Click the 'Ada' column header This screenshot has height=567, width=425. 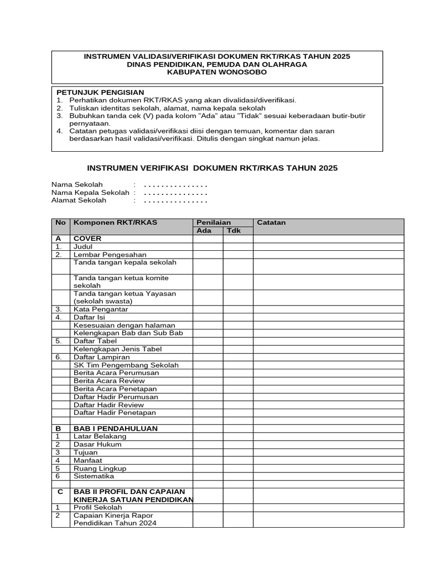point(204,231)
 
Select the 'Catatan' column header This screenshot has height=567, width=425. point(271,223)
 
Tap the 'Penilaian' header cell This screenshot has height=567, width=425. point(210,223)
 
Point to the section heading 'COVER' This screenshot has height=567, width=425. point(87,239)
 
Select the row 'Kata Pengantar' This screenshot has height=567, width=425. point(100,310)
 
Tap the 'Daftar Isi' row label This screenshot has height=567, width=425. point(89,317)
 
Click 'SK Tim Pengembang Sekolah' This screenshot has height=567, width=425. point(126,365)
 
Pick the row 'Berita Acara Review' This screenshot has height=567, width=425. point(109,381)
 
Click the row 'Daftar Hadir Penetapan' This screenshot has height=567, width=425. point(115,413)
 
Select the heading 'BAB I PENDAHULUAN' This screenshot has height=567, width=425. point(115,429)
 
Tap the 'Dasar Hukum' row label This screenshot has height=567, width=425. point(97,445)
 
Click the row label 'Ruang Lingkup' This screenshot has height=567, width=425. point(100,468)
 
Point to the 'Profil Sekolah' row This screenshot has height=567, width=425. point(99,507)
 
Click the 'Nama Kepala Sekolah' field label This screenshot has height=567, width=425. point(90,193)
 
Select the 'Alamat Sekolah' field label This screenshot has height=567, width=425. point(79,200)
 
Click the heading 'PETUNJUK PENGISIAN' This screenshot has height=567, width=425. point(100,92)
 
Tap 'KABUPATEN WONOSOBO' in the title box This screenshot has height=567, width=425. point(216,72)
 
